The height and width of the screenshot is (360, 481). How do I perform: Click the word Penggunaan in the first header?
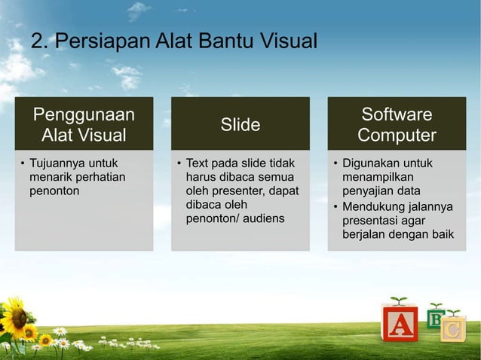[84, 114]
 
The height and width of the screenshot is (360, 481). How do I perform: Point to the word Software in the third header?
[397, 114]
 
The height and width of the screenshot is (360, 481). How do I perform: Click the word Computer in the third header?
[397, 136]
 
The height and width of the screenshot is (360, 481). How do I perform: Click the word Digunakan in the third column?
[369, 163]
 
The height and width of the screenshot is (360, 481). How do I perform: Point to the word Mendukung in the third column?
[373, 206]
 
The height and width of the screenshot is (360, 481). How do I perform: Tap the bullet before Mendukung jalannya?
[335, 206]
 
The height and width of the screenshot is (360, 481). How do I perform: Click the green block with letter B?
[435, 319]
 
